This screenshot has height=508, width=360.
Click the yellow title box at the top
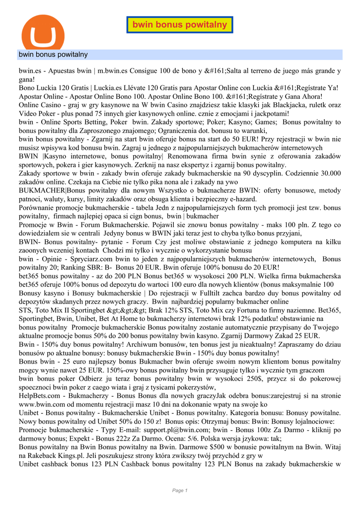[179, 25]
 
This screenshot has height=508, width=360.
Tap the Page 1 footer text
[180, 491]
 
